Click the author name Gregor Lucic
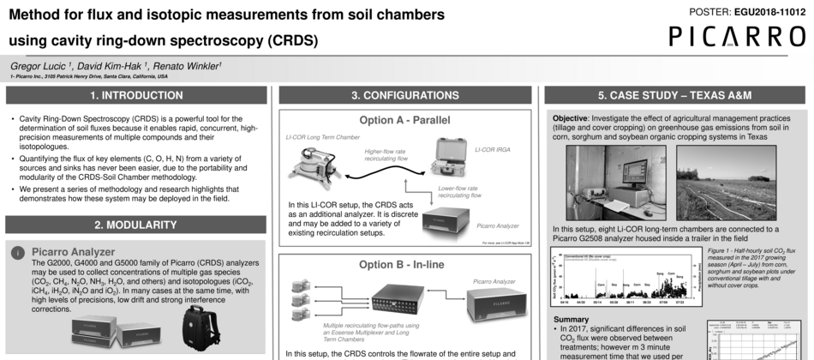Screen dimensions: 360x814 point(39,65)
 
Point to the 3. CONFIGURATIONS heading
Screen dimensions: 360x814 point(404,96)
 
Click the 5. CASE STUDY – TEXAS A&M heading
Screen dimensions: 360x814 point(674,96)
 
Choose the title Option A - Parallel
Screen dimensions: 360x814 point(404,120)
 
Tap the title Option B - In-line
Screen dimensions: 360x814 point(404,264)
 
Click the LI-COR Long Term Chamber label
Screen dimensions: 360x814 point(321,136)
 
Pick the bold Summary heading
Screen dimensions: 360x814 point(572,319)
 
